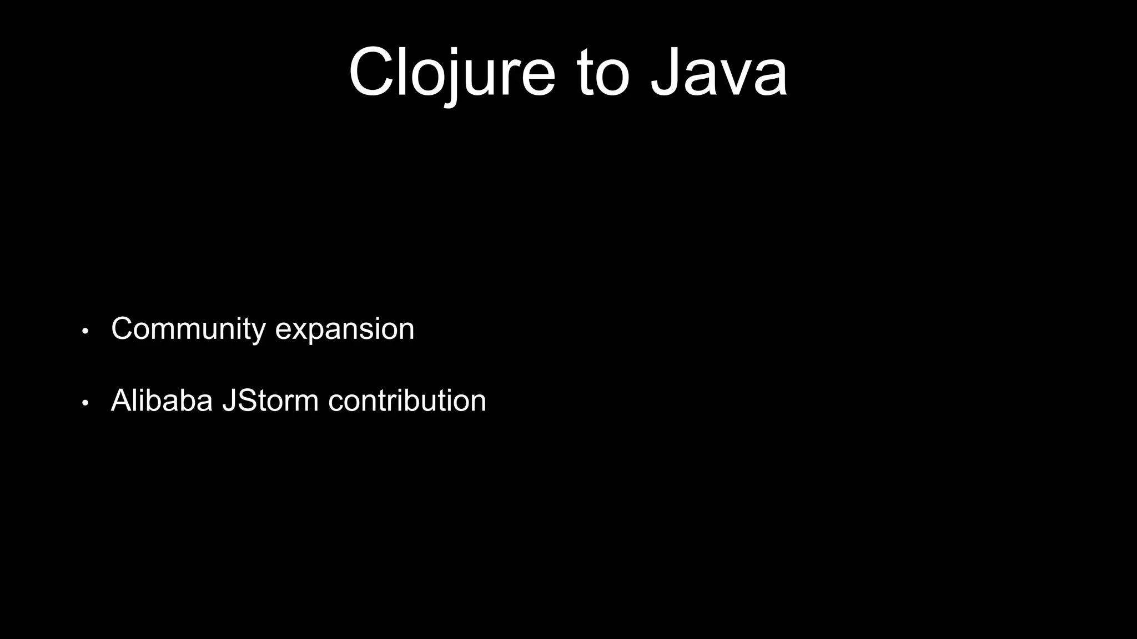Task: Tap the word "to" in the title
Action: [603, 73]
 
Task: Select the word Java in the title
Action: [719, 73]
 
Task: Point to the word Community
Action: [188, 329]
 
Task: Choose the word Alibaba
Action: [162, 400]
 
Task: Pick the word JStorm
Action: [270, 400]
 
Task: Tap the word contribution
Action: [407, 400]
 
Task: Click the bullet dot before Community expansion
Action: [85, 331]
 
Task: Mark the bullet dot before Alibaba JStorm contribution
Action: [85, 403]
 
